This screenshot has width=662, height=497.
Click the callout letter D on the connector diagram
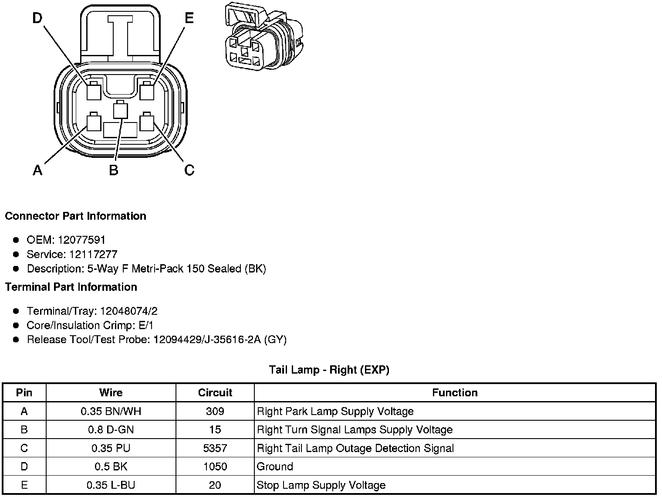[38, 18]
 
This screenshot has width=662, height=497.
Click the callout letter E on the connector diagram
[189, 18]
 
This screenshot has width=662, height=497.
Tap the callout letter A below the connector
[38, 170]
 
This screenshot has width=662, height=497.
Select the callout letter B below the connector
[114, 170]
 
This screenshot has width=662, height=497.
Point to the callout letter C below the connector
[189, 170]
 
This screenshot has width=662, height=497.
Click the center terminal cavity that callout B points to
[120, 110]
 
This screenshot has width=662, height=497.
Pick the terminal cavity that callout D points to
[94, 92]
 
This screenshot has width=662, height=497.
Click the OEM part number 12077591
[81, 240]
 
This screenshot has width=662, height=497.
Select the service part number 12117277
[93, 254]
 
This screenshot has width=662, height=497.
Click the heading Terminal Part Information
[71, 287]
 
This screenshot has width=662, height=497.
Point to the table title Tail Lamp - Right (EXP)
[329, 370]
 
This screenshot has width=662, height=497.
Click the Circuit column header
[215, 393]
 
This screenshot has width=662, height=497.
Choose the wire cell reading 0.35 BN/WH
[111, 411]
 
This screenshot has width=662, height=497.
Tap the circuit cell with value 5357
[215, 448]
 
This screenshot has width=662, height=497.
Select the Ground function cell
[275, 466]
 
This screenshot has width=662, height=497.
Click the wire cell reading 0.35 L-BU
[111, 485]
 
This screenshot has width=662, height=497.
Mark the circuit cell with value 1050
[215, 466]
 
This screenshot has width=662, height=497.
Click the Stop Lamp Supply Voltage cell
[321, 485]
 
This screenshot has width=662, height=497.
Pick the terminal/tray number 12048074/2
[129, 311]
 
